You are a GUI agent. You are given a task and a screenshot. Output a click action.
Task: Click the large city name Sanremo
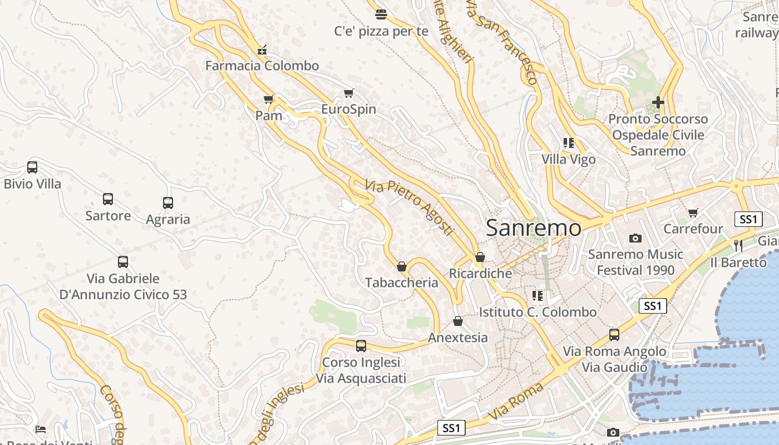[x=534, y=228]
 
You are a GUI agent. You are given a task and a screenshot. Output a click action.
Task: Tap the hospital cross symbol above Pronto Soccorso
[x=658, y=102]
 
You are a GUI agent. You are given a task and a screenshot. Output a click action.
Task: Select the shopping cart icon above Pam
[x=269, y=100]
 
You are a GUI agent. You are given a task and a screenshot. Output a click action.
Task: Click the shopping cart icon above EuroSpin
[x=349, y=93]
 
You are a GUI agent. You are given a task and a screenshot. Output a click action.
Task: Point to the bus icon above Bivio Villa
[x=32, y=167]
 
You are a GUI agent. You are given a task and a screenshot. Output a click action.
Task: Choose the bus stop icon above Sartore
[x=108, y=199]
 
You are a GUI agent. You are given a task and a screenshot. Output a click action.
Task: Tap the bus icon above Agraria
[x=168, y=203]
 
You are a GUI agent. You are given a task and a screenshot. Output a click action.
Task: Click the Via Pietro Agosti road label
[x=410, y=207]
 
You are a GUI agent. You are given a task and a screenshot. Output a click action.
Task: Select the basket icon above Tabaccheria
[x=402, y=266]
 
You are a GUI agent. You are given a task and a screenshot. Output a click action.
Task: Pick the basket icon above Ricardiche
[x=480, y=257]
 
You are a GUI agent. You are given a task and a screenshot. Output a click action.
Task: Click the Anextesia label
[x=457, y=338]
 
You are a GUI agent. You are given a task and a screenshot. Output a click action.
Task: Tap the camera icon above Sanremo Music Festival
[x=635, y=238]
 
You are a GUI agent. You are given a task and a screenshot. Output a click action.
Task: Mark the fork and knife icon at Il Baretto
[x=738, y=245]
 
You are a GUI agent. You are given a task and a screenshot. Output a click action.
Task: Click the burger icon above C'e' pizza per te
[x=381, y=14]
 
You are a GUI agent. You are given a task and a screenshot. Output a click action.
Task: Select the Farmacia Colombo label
[x=262, y=66]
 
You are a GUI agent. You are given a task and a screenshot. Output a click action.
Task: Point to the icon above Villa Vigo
[x=568, y=143]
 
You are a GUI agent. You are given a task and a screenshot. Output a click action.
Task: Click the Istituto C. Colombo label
[x=538, y=312]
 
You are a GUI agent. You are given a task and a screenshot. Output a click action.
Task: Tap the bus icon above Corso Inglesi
[x=361, y=346]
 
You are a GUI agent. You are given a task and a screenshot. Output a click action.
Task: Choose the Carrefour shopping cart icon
[x=693, y=212]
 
